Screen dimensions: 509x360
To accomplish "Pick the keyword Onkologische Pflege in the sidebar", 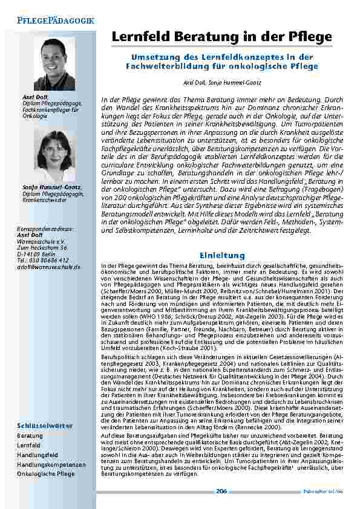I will pyautogui.click(x=46, y=474).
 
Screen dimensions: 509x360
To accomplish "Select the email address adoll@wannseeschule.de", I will pyautogui.click(x=49, y=267).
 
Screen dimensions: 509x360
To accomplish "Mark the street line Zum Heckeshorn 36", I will pyautogui.click(x=42, y=247).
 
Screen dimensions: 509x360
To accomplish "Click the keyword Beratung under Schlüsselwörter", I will pyautogui.click(x=30, y=435).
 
